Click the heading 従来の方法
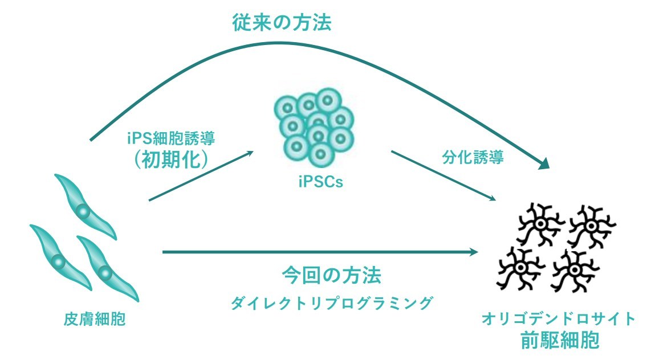[x=282, y=22]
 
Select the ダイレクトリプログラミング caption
[x=330, y=303]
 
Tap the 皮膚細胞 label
[x=95, y=320]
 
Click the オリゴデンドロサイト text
[x=558, y=318]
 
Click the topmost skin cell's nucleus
[x=83, y=212]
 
